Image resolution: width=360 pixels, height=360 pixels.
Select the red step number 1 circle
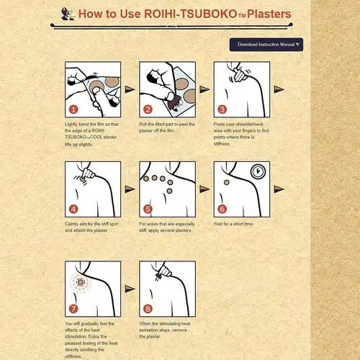click(73, 110)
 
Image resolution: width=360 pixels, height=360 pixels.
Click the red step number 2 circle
click(147, 110)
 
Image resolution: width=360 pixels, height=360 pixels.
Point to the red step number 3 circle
click(222, 110)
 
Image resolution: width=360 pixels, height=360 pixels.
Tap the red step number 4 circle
click(73, 210)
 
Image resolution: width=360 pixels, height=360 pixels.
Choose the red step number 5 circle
click(147, 210)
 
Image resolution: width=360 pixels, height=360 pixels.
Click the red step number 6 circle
click(222, 210)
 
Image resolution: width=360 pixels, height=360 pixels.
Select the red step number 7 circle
click(73, 310)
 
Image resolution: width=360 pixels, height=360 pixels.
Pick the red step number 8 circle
click(147, 310)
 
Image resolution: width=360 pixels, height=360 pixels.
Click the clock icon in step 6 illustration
click(257, 173)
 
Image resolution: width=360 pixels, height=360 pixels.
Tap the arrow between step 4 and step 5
click(130, 189)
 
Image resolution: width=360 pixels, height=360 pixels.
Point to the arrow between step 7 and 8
click(130, 289)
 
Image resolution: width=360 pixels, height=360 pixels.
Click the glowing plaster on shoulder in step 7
click(81, 282)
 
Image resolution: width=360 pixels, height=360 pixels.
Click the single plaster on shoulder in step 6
click(227, 183)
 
